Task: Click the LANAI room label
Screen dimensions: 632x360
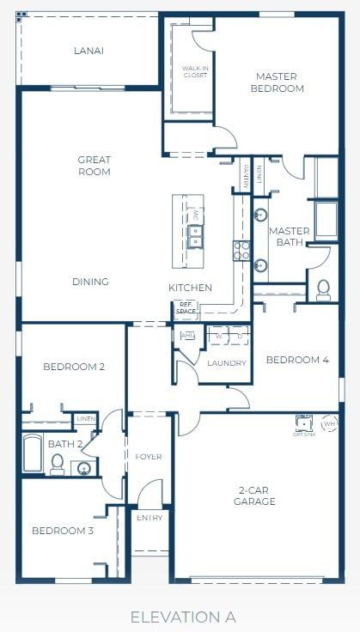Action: point(89,51)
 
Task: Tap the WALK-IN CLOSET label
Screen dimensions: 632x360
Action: point(195,71)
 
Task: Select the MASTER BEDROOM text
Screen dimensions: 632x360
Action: point(276,82)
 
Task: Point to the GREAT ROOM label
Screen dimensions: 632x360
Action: point(94,166)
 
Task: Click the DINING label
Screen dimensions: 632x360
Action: point(90,282)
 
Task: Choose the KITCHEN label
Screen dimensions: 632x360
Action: point(190,288)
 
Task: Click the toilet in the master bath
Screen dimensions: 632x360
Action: point(324,289)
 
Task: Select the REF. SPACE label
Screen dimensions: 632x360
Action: point(186,307)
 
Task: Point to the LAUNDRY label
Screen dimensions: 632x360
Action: point(227,363)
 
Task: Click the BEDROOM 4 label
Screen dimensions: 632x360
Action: point(297,361)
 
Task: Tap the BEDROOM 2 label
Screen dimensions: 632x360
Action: point(74,368)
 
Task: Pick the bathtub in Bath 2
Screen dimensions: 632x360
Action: point(33,453)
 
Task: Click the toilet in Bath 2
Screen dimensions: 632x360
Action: point(58,464)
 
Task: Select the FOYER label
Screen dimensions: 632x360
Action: point(149,457)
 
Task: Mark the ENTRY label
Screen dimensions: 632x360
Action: point(149,518)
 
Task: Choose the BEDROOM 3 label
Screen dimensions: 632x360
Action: point(63,531)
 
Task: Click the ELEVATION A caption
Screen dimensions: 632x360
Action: point(183,617)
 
